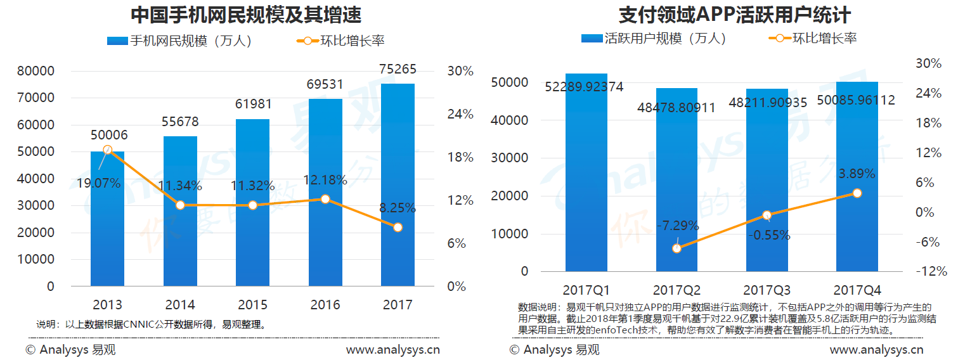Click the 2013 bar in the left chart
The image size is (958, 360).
(107, 219)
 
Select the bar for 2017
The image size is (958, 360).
(398, 184)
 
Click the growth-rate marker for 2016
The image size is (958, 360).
(325, 199)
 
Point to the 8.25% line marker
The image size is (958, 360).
(398, 227)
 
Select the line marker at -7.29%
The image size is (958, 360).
(676, 248)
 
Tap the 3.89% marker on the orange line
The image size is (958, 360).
(857, 193)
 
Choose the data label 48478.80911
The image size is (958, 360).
(676, 108)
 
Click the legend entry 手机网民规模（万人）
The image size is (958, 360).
(180, 41)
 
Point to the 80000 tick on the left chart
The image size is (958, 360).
(36, 71)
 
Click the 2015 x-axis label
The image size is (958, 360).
(252, 305)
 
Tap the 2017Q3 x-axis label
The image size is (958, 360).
(767, 291)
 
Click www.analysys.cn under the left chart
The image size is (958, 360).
(392, 349)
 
